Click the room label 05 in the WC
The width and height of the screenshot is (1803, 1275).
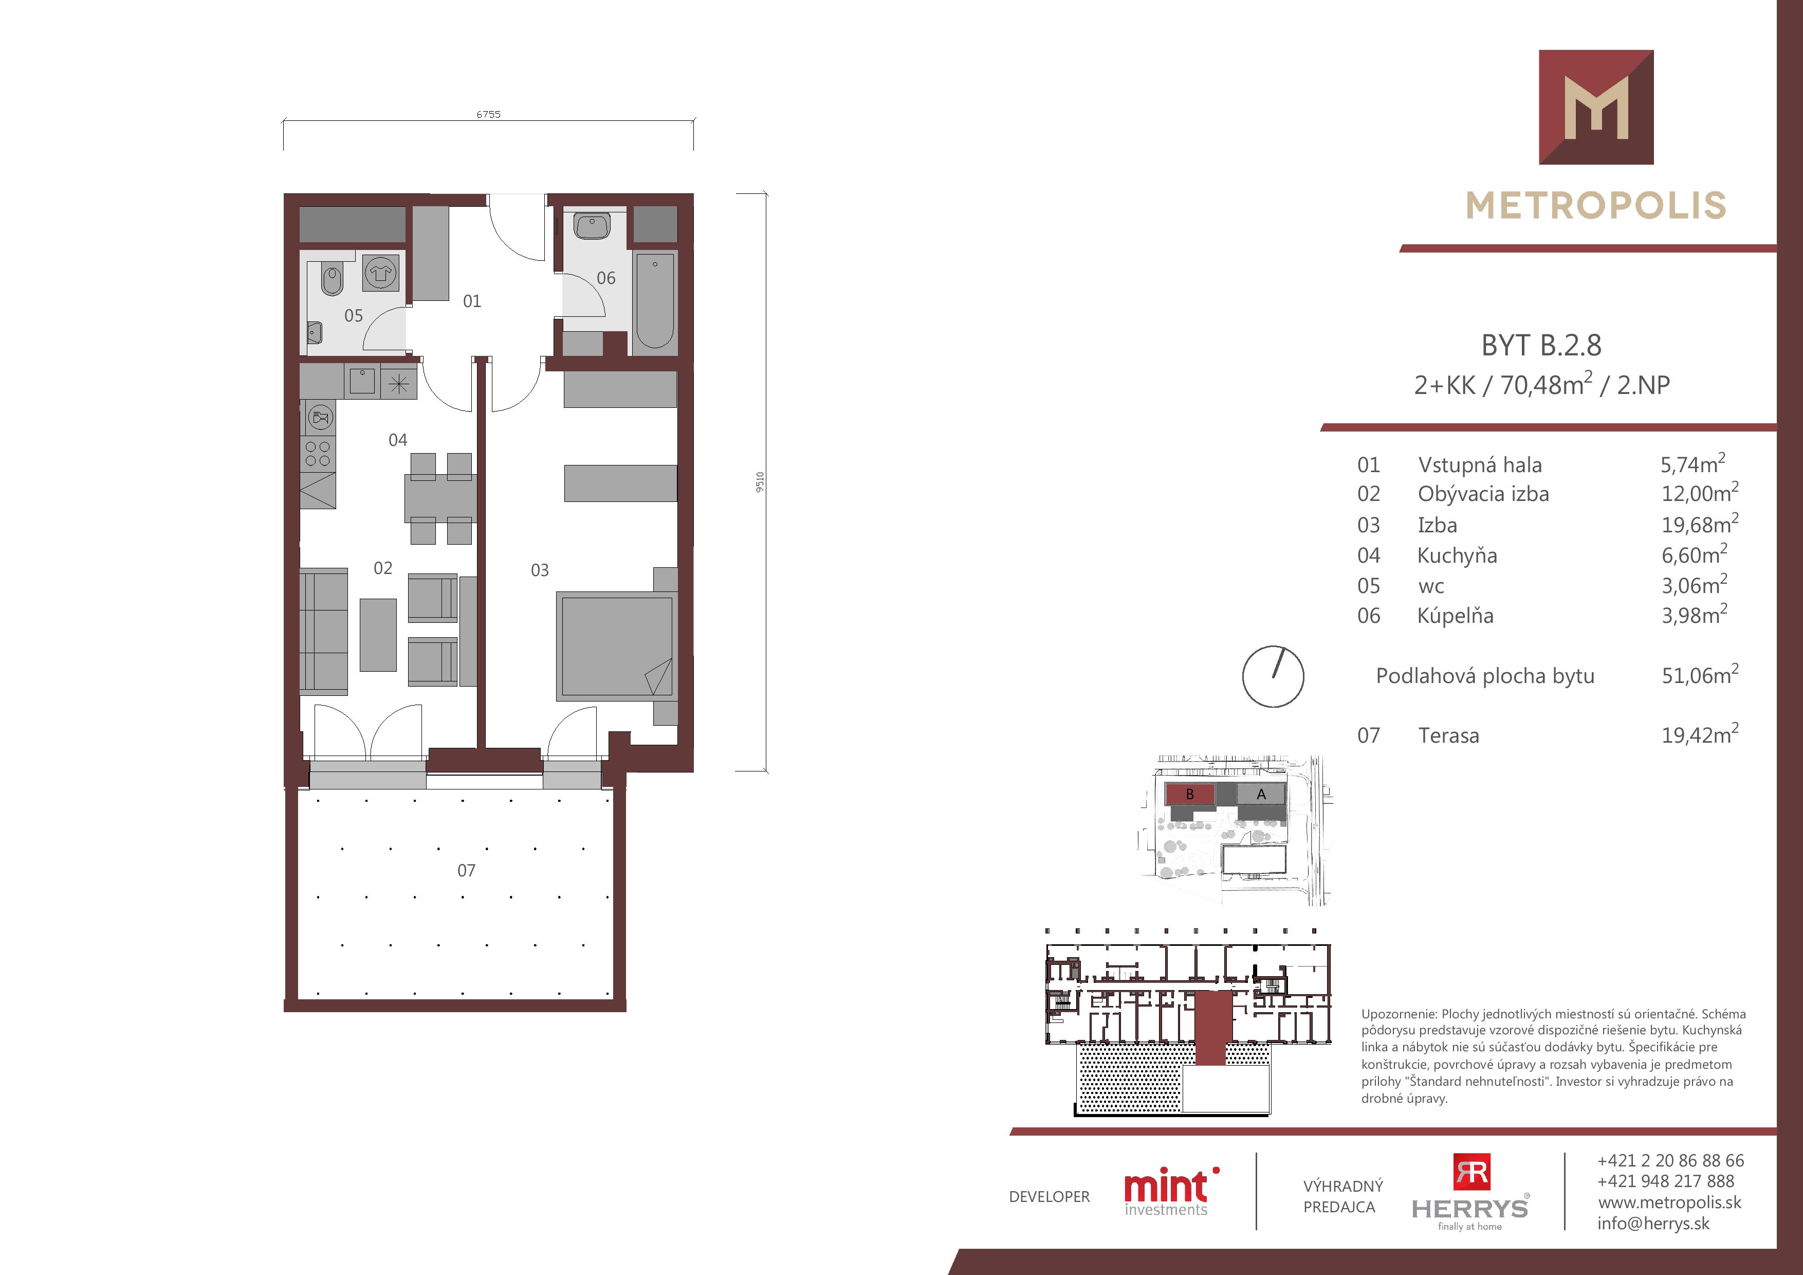(354, 316)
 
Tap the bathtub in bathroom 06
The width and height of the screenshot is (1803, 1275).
(654, 300)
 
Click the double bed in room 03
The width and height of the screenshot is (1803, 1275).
(615, 646)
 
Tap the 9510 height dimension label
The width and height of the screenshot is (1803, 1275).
(759, 482)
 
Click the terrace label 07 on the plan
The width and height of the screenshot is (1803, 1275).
(467, 870)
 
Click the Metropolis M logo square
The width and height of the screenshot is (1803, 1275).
(1596, 107)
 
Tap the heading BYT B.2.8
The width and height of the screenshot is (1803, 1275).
(1541, 345)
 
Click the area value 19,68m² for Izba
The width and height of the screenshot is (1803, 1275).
(1699, 523)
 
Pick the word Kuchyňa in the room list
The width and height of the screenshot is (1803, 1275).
(1458, 555)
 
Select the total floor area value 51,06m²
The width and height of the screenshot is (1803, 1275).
(1699, 675)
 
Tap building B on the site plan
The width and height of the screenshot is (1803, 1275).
(1190, 794)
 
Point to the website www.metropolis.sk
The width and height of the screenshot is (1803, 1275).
(1669, 1202)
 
